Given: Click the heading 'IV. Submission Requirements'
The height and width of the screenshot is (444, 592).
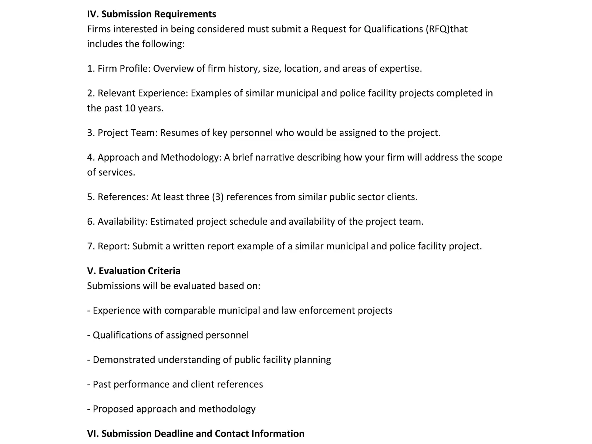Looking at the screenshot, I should point(152,14).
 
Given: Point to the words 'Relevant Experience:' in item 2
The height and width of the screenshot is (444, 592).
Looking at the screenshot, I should point(143,93).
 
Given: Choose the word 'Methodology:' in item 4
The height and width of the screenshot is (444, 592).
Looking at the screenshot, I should point(191,157).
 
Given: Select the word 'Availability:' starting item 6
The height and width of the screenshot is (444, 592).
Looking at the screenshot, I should point(122,222).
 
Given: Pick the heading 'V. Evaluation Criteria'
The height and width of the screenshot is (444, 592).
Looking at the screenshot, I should point(134,271).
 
